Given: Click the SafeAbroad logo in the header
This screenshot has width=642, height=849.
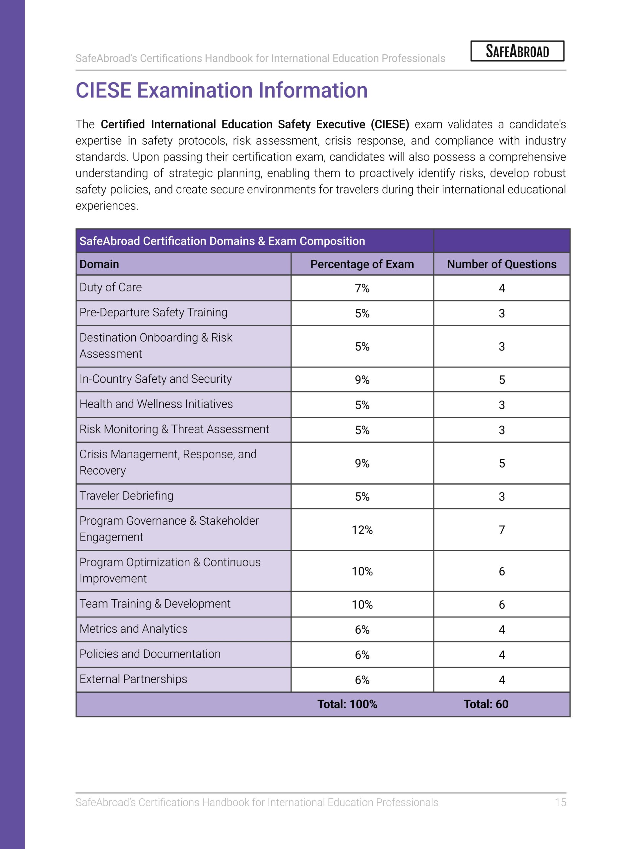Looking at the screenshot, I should coord(517,51).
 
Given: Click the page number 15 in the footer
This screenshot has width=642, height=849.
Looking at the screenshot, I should coord(560,802).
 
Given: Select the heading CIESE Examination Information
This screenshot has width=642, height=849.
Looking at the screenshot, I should coord(222,91).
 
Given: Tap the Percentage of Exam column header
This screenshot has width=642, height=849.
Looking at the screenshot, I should coord(362,264).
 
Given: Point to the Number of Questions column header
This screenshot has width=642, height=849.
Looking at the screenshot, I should coord(501,264).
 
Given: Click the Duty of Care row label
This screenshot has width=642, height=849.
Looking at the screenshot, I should coord(110,288).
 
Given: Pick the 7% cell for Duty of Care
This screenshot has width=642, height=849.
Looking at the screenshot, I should coord(362,288).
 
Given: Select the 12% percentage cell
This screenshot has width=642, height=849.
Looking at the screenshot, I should coord(362,530).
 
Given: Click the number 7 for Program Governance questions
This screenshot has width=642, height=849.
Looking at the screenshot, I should coord(501,530).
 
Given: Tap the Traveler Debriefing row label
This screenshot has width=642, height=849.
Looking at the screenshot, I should coord(126,496).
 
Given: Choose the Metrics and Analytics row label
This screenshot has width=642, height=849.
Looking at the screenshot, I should coord(134,629).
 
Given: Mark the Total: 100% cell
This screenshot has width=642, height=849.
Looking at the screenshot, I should coord(347,704).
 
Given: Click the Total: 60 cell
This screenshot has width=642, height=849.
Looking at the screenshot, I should coord(485,704).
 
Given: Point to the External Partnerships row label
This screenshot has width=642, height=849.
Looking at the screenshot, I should coord(133,679).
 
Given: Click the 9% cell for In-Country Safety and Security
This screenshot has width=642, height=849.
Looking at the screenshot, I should coord(362,380).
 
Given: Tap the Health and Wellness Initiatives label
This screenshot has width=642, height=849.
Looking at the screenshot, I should coord(156,404).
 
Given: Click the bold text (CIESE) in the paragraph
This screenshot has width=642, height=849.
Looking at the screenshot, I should coord(390,124).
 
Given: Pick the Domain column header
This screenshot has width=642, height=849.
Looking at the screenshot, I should coord(99,264).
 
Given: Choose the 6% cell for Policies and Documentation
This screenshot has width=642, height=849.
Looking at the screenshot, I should coord(362,655).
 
